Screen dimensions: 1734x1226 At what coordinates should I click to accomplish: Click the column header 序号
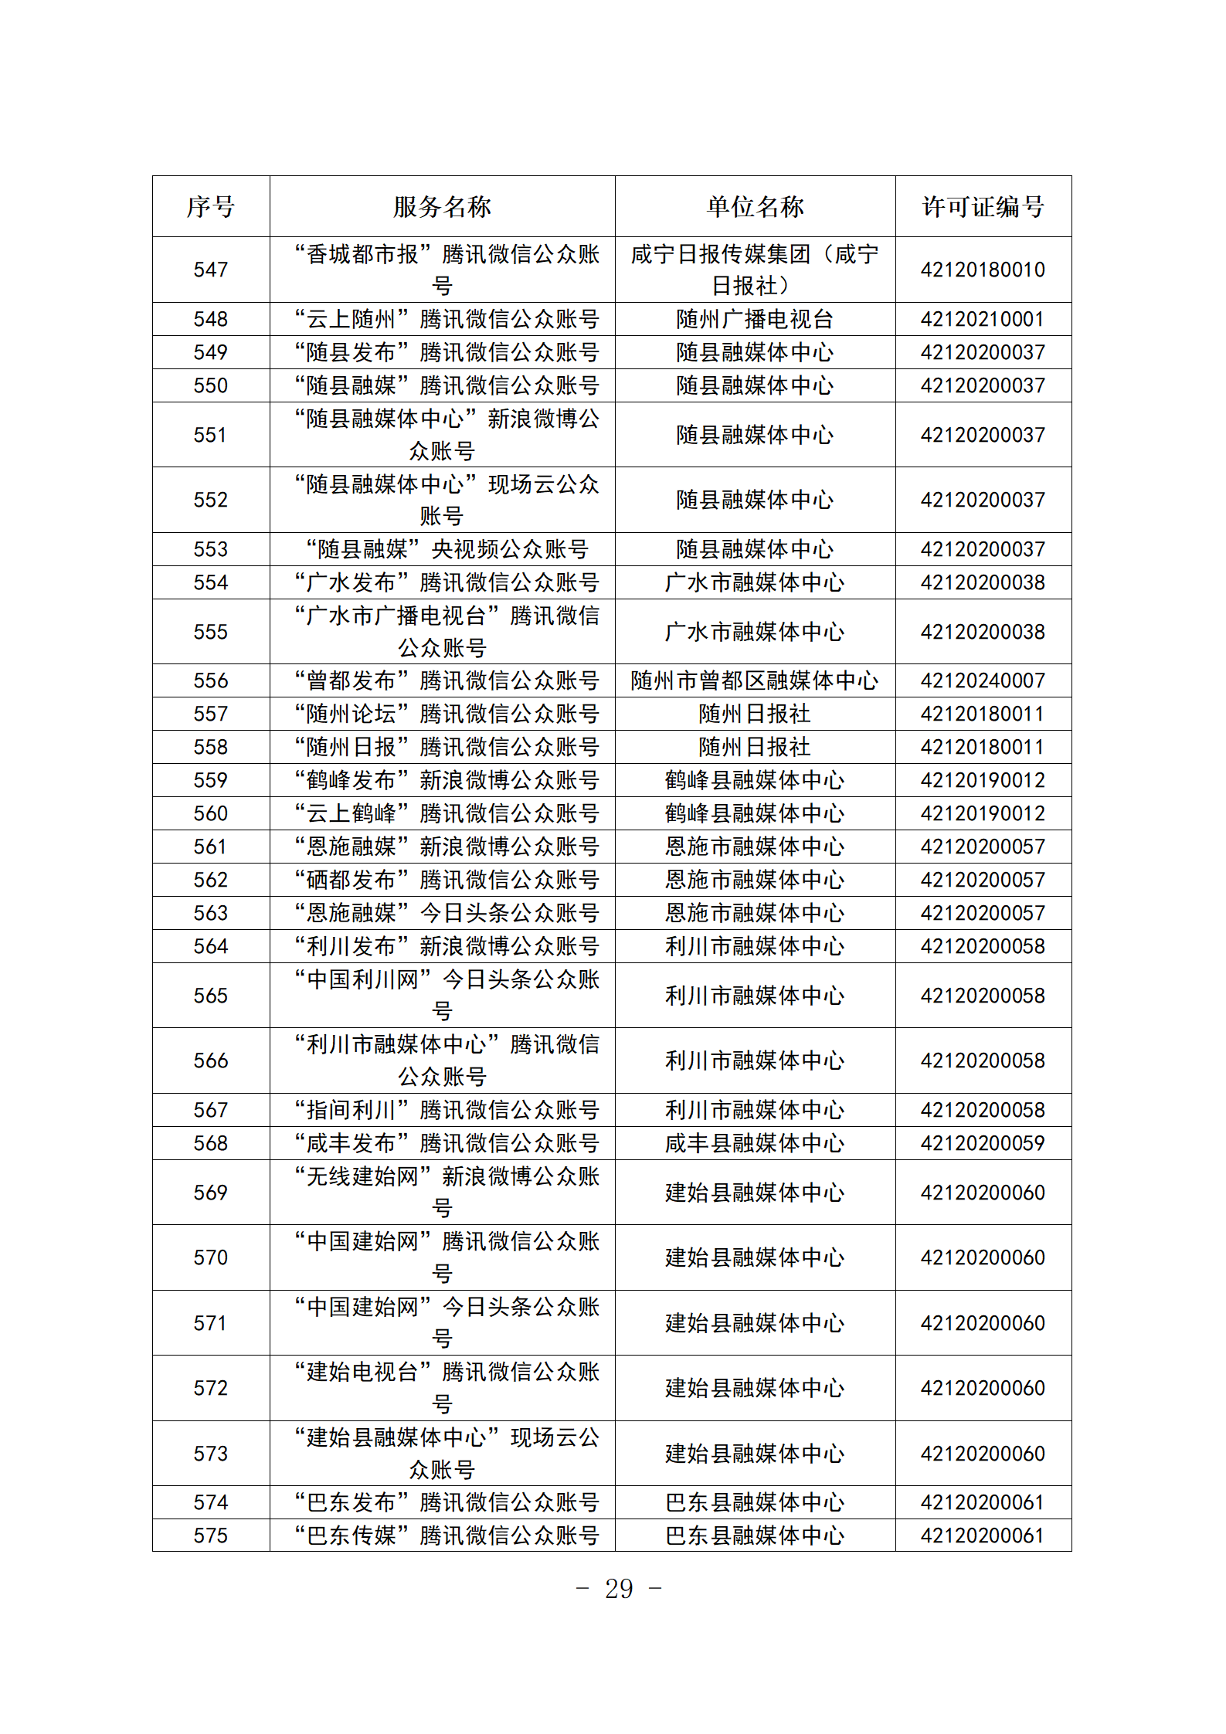pos(210,206)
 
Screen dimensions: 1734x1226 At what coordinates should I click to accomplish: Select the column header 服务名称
pos(442,206)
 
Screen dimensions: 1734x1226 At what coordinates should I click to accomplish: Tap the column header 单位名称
pos(755,206)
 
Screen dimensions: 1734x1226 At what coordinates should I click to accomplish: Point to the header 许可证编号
pos(983,206)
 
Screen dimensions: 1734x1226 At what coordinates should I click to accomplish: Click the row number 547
pos(210,270)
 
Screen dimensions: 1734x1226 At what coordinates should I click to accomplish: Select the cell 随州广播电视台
pos(755,319)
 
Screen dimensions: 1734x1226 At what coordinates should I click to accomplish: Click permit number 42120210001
pos(983,319)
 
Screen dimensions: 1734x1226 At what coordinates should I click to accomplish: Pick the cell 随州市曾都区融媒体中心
pos(755,680)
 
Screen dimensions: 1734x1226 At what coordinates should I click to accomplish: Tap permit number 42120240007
pos(983,680)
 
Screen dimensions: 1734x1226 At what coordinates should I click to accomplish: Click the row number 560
pos(210,813)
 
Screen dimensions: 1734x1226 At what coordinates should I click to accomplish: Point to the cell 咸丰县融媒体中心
pos(755,1143)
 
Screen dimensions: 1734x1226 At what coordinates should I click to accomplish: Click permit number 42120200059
pos(983,1143)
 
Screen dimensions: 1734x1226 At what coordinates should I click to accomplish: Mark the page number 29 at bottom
pos(619,1590)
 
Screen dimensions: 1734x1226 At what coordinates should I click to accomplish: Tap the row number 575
pos(210,1535)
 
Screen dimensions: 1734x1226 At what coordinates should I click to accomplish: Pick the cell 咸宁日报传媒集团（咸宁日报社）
pos(755,270)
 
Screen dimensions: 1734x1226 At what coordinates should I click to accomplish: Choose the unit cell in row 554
pos(755,582)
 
